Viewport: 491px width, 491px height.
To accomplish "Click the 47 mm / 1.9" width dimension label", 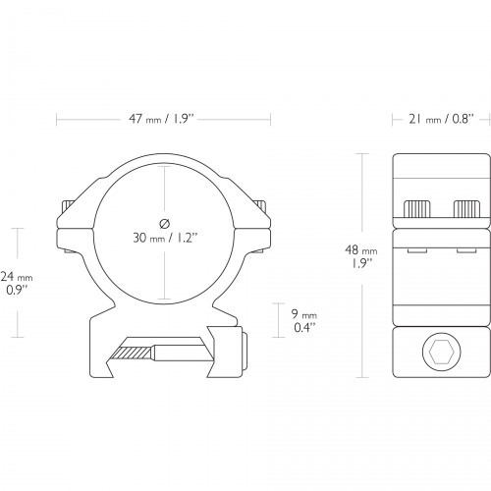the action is (x=162, y=119).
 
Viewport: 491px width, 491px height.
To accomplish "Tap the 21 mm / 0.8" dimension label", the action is (x=441, y=119).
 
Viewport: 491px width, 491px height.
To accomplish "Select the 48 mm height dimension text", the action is (x=361, y=256).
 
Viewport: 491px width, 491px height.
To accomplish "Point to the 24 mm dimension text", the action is (x=17, y=283).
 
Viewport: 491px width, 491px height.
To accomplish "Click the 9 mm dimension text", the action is (x=304, y=320).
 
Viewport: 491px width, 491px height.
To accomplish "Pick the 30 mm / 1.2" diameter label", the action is (x=165, y=238).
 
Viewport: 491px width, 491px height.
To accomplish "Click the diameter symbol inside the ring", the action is (x=164, y=224).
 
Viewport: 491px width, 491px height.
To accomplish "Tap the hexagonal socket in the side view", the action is (x=442, y=352).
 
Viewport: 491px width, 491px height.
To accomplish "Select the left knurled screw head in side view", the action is (x=417, y=209).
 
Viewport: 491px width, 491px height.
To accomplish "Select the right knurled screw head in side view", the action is (x=466, y=209).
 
